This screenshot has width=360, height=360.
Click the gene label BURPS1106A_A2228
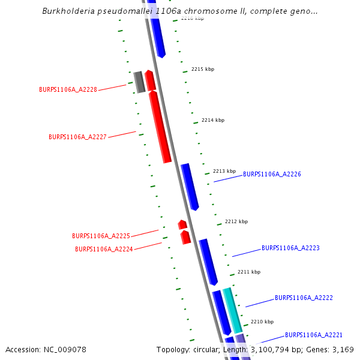68,89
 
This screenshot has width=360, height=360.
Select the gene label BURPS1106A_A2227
77,137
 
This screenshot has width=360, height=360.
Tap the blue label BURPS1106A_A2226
272,174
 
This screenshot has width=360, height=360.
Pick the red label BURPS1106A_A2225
101,236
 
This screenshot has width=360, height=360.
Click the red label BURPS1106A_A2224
104,249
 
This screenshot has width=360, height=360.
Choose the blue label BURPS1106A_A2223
290,248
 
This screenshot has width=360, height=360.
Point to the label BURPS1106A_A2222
304,298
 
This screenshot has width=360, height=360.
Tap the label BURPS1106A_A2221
313,335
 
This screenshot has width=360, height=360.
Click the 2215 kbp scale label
203,69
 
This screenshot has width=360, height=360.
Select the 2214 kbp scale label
213,120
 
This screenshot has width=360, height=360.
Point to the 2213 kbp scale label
224,171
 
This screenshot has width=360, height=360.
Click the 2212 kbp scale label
236,221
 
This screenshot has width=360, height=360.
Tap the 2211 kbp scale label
249,272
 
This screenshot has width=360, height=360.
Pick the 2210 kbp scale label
262,322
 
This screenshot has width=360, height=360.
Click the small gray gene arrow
139,82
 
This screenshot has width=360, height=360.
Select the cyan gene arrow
233,310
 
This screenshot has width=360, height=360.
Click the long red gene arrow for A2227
160,127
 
